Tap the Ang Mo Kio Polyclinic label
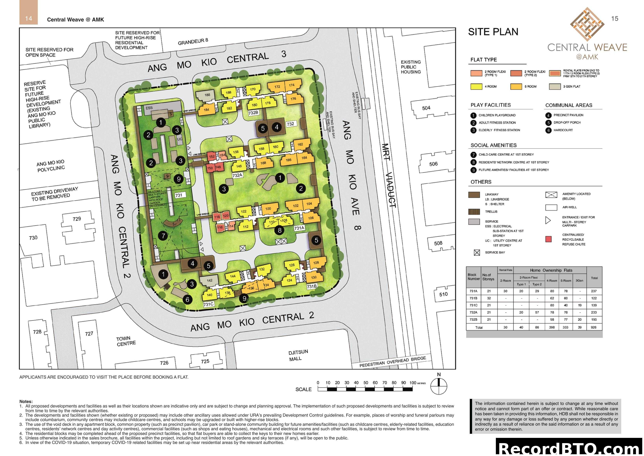point(51,166)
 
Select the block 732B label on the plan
point(253,113)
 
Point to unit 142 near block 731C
point(209,280)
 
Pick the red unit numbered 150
point(210,168)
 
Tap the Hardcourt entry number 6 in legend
point(548,130)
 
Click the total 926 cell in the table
point(594,327)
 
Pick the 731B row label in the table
point(473,298)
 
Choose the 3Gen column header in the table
point(579,280)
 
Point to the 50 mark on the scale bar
point(365,383)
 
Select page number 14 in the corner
point(28,19)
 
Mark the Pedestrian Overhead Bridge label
point(392,362)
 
